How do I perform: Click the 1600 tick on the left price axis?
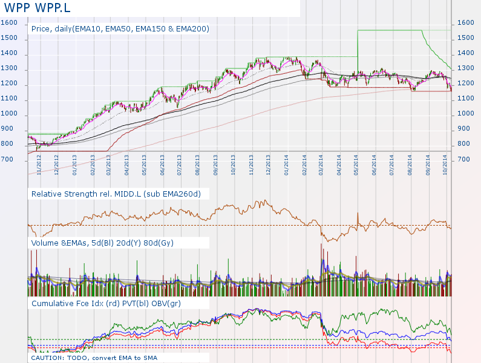[x=9, y=23]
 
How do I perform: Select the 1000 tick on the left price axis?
[x=9, y=114]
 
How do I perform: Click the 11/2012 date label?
[x=39, y=165]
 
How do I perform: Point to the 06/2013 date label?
[x=163, y=165]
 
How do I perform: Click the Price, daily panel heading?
[x=120, y=28]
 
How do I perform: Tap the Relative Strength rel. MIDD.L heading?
[x=116, y=194]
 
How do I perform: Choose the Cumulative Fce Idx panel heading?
[x=106, y=303]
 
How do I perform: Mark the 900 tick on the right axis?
[x=465, y=129]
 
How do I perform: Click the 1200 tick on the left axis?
[x=9, y=83]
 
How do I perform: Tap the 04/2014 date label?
[x=340, y=165]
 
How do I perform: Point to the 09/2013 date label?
[x=216, y=165]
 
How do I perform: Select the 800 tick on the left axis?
[x=7, y=144]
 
